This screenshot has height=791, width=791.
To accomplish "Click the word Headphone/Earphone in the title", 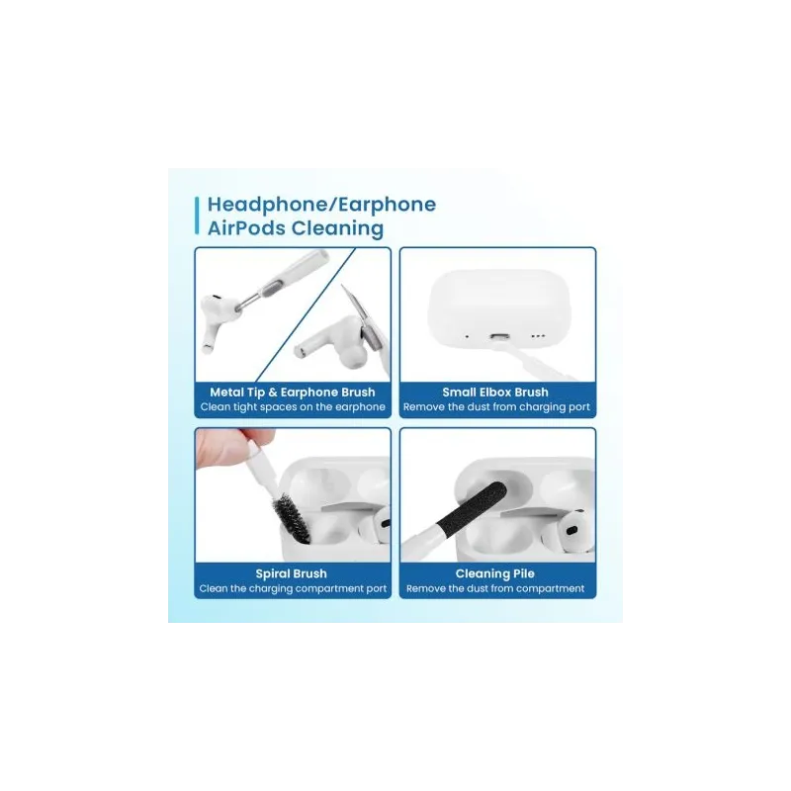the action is pos(322,205).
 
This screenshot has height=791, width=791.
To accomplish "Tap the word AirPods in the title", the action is pos(246,228).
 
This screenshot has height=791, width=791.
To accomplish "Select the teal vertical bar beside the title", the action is pos(197,216).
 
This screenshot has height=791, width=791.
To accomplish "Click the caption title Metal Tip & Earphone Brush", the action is pos(293,392).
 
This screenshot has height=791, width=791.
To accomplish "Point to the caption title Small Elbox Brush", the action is pos(495,392).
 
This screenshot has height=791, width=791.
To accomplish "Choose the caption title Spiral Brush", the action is pos(291,573).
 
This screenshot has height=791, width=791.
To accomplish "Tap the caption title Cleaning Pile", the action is pos(495,573).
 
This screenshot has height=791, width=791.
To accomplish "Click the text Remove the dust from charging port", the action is pos(496,407).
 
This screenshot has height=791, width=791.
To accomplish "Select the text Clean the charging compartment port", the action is pos(293,588).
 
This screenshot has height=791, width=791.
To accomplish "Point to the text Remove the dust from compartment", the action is pos(495,588).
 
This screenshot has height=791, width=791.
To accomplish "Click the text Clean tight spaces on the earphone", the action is pos(293,407).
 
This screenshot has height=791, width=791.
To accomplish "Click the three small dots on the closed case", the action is pos(538,336).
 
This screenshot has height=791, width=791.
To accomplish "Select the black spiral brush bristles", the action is pos(292,518).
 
